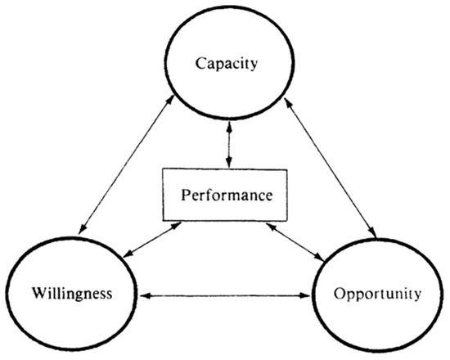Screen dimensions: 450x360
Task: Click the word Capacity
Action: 227,64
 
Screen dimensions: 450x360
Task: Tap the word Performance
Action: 227,196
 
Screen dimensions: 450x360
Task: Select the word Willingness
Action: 72,294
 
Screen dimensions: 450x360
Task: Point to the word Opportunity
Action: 377,295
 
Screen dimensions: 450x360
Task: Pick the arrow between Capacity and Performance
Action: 229,144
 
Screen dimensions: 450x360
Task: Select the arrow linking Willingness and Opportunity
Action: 224,295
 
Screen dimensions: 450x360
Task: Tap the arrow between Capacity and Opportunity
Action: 330,168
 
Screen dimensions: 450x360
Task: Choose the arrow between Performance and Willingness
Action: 153,240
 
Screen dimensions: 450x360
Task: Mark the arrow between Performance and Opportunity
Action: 295,241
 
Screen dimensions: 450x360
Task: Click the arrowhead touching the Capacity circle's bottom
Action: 229,125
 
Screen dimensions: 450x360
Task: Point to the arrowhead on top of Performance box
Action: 229,164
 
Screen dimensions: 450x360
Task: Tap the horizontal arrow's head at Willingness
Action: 142,295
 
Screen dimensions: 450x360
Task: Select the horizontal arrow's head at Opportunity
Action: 307,295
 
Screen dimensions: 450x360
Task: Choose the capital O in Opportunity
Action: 340,293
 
